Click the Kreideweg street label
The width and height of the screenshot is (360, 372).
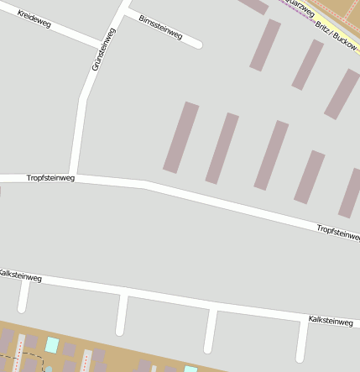[x=34, y=19]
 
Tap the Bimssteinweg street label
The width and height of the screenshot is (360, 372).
[x=160, y=26]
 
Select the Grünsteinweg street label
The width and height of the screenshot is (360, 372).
[x=102, y=48]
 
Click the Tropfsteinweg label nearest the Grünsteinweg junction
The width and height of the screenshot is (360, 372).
[x=50, y=178]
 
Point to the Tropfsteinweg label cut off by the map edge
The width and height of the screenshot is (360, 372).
[x=338, y=232]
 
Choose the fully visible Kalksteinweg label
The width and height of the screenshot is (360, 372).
[x=331, y=321]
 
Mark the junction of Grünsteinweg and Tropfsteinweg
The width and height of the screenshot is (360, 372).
[x=75, y=177]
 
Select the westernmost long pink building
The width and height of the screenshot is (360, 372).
[x=180, y=138]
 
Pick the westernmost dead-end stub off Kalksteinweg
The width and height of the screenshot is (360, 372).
[x=23, y=296]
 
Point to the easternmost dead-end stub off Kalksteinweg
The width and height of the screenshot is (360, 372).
[x=301, y=340]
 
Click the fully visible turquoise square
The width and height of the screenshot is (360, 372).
[x=52, y=344]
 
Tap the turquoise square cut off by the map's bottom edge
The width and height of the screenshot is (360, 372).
[x=190, y=369]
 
